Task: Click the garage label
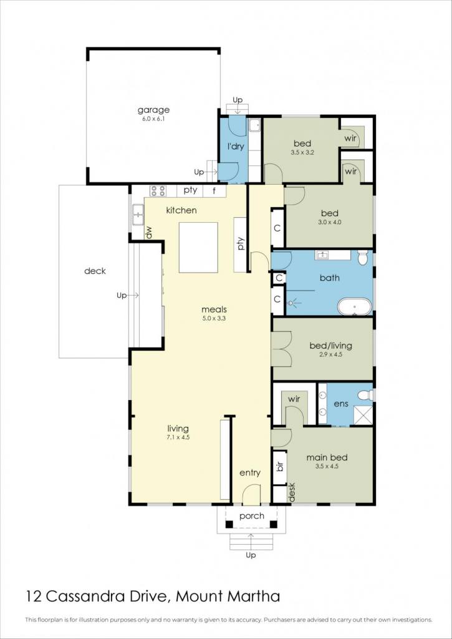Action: (x=153, y=110)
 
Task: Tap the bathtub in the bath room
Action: (x=355, y=306)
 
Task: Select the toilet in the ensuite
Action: (x=366, y=395)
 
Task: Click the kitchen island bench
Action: (x=198, y=247)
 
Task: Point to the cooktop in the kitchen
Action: (x=158, y=191)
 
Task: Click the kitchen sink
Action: (x=138, y=215)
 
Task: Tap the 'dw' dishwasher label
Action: (x=149, y=233)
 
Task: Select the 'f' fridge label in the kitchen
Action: (x=214, y=190)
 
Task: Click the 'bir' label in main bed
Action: (x=279, y=467)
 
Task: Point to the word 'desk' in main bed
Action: (x=292, y=492)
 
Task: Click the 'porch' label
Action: (x=252, y=516)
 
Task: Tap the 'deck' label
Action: (x=95, y=271)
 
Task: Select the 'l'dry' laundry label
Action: (x=235, y=147)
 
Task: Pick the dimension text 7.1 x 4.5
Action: (x=178, y=437)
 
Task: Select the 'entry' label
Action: (x=249, y=473)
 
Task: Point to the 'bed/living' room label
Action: (x=330, y=346)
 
